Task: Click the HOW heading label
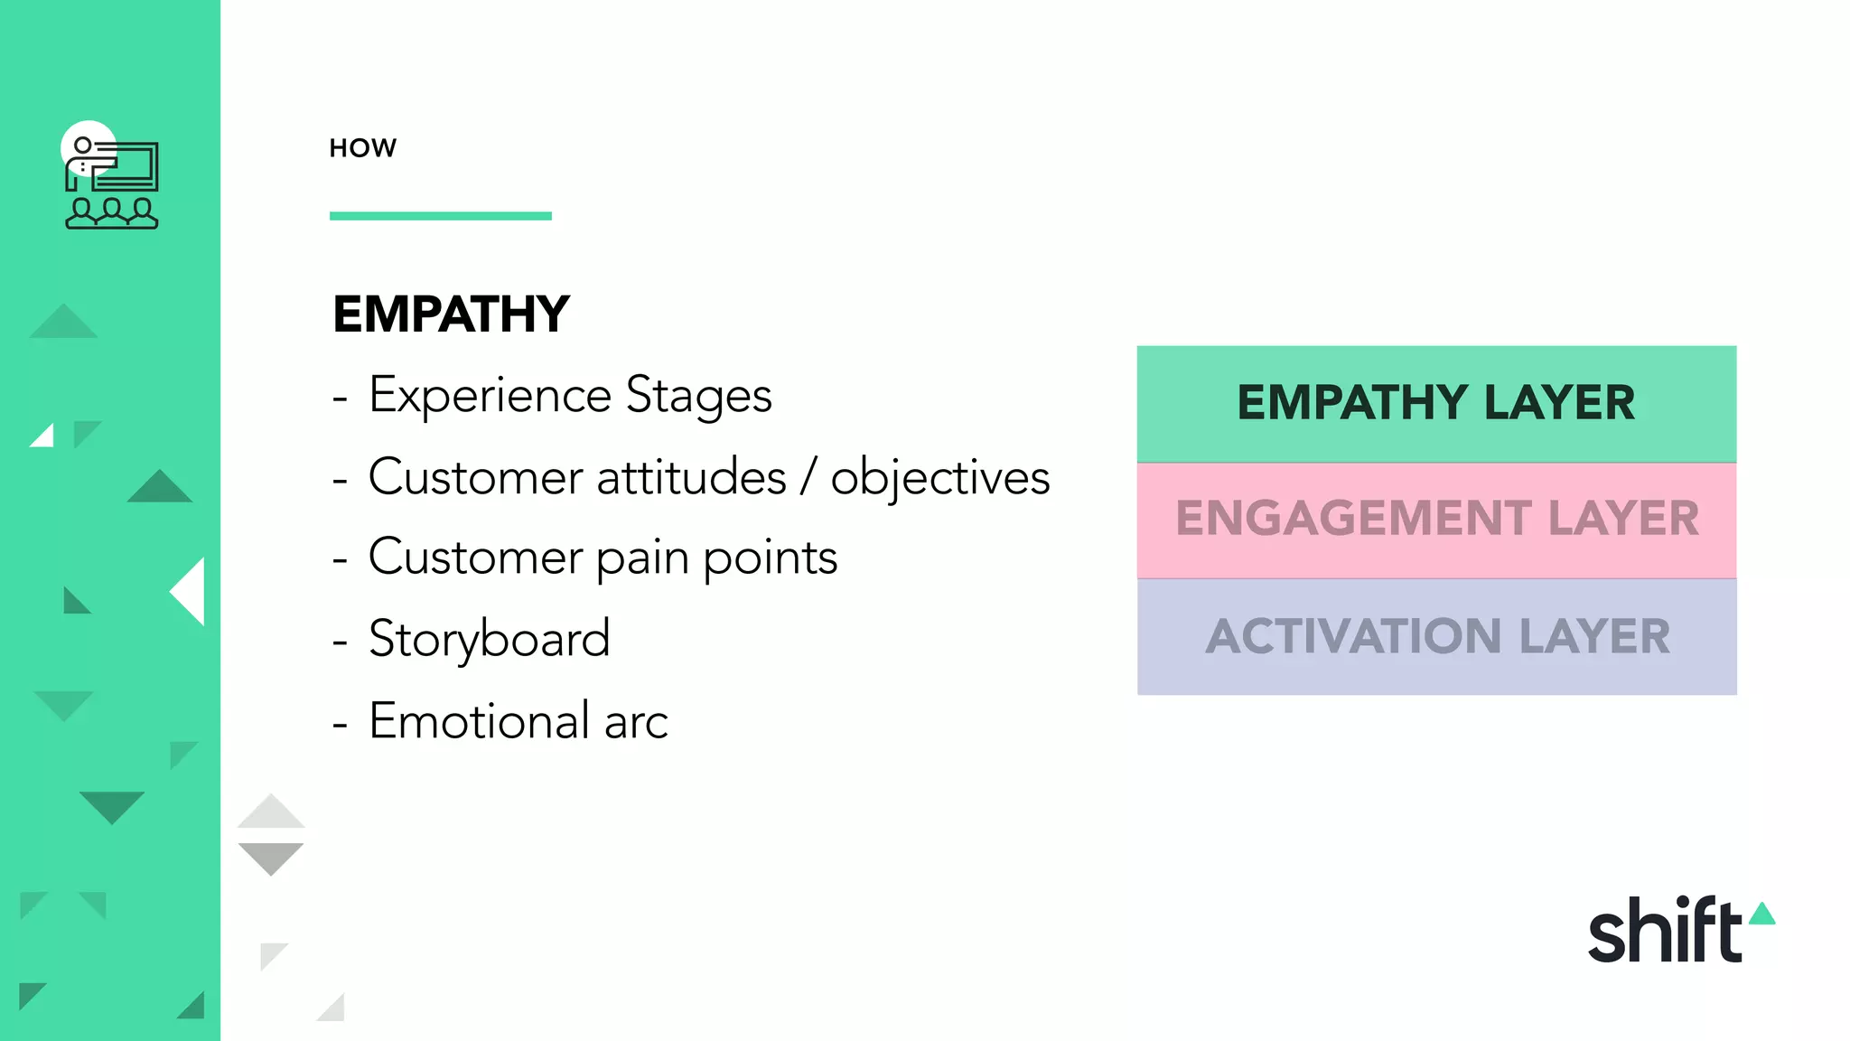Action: (x=362, y=148)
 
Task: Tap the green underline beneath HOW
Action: (x=440, y=216)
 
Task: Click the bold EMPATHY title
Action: (x=451, y=314)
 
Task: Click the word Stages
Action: (x=698, y=396)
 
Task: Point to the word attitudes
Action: (x=691, y=477)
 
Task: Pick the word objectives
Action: (x=939, y=477)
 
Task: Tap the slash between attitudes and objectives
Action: (x=808, y=477)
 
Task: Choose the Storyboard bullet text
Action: (x=489, y=639)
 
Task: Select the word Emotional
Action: (x=479, y=721)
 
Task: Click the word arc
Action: (x=636, y=722)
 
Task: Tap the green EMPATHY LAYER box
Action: (x=1436, y=403)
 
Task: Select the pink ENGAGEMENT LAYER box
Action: (x=1436, y=520)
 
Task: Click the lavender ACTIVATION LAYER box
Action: (x=1436, y=637)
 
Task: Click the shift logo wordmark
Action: (x=1664, y=931)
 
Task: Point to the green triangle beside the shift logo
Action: (x=1762, y=914)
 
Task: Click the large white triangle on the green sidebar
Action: (x=191, y=591)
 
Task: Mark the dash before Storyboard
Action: (x=340, y=641)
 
